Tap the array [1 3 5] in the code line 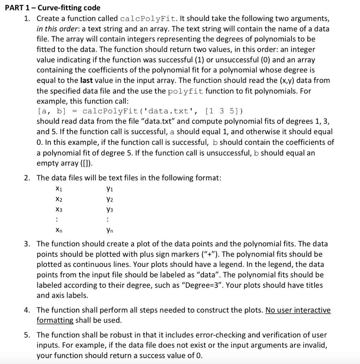pos(226,111)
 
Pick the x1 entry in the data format pos(59,189)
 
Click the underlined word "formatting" pos(55,320)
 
